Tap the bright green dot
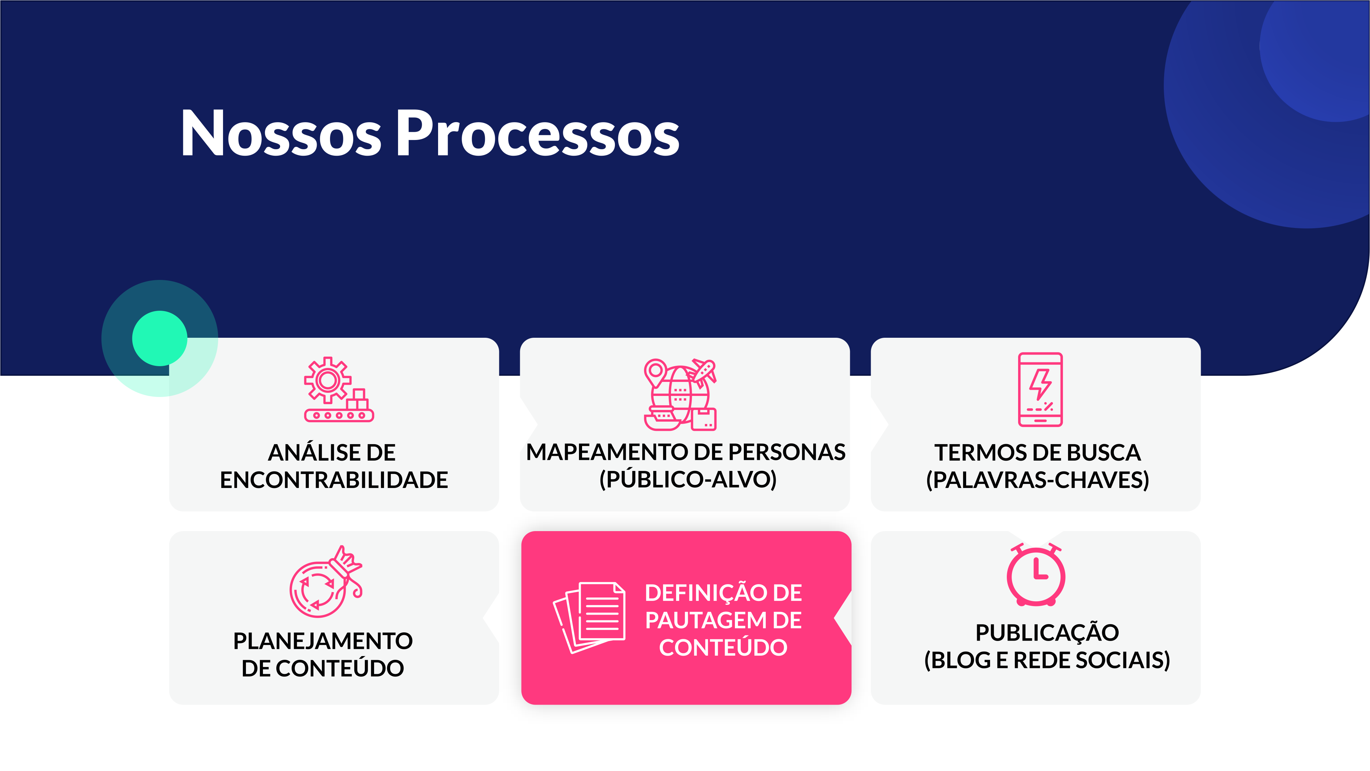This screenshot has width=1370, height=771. point(160,338)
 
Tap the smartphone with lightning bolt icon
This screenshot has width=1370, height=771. point(1040,389)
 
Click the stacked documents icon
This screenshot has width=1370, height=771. point(589,617)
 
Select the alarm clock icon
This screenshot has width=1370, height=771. point(1036,575)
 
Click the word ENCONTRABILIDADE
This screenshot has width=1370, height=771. point(334,480)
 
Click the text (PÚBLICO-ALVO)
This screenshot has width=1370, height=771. point(688,479)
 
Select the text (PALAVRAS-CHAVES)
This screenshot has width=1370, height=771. point(1038,480)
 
